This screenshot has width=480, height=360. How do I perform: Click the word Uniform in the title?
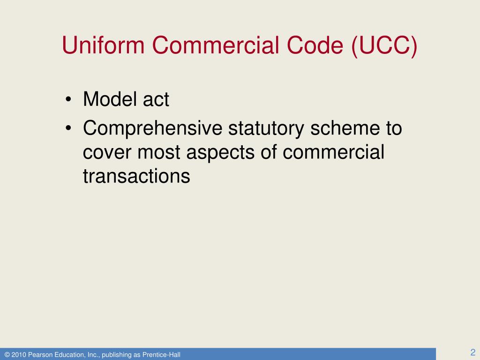(103, 45)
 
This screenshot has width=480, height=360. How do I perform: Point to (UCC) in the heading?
(384, 46)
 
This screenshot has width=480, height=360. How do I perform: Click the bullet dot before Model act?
(68, 99)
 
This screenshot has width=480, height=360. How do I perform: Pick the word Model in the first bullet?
(110, 99)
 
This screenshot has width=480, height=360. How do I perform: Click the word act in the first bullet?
(156, 100)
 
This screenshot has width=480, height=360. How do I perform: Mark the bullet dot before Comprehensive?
(68, 128)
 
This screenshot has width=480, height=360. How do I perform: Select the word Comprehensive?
(152, 129)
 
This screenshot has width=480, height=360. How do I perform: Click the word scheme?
(345, 128)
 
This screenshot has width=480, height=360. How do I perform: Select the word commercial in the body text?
(333, 152)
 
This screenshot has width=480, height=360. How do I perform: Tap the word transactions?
(136, 177)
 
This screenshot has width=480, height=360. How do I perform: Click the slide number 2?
(472, 352)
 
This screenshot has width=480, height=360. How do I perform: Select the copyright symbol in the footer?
(7, 355)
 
